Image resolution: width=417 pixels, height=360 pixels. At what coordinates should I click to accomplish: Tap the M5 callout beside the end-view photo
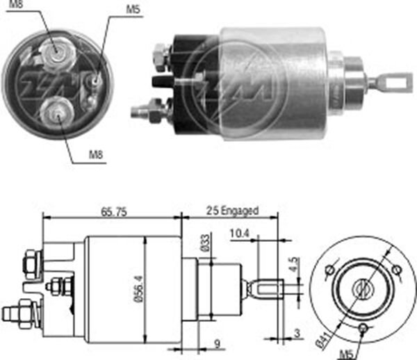(x=132, y=10)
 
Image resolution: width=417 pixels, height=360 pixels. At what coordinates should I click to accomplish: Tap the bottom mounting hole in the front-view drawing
(x=363, y=327)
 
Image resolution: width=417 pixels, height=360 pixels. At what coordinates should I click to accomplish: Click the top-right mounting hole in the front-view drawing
(x=396, y=270)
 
